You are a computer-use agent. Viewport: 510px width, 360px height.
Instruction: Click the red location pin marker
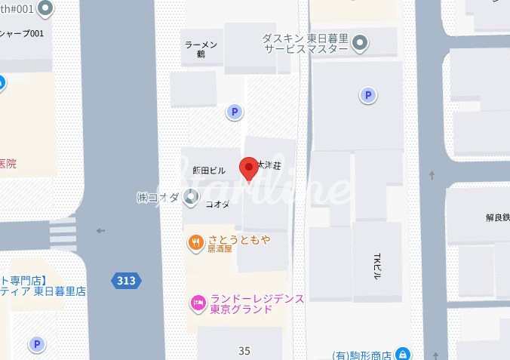[x=249, y=168]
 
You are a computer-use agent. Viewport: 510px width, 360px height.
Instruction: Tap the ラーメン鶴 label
[x=201, y=50]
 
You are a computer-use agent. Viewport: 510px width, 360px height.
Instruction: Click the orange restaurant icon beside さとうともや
[x=195, y=242]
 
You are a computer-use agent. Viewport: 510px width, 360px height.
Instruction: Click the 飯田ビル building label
[x=209, y=171]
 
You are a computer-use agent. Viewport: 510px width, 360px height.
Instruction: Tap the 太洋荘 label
[x=269, y=164]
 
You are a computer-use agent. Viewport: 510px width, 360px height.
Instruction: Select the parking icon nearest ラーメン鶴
[x=235, y=112]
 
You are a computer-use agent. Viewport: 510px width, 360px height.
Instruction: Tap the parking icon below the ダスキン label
[x=368, y=95]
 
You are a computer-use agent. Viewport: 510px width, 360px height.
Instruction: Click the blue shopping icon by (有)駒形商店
[x=404, y=354]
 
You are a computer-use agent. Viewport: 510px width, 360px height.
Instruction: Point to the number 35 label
[x=244, y=351]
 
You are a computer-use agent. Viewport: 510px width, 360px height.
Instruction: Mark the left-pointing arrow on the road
[x=100, y=231]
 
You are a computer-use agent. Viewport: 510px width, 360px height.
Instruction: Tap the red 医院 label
[x=7, y=164]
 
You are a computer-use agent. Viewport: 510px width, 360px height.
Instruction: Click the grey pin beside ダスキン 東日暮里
[x=361, y=42]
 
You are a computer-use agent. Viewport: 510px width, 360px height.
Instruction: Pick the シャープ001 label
[x=23, y=33]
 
